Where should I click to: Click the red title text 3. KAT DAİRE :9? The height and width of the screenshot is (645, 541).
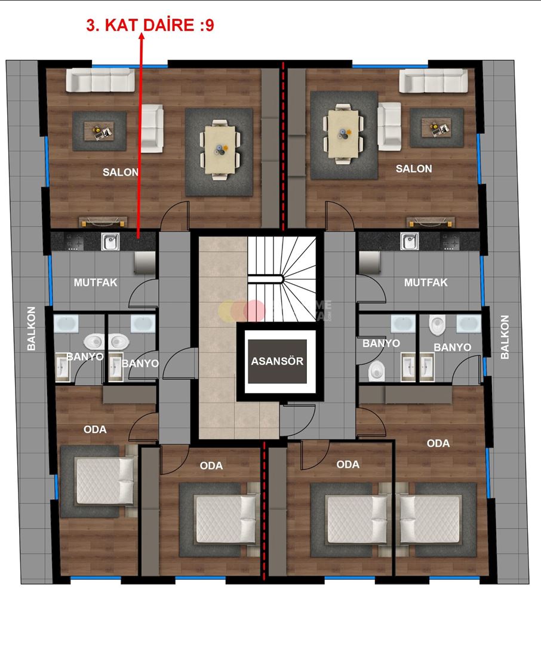(150, 26)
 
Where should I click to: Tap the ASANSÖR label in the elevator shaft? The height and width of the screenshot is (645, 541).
(277, 361)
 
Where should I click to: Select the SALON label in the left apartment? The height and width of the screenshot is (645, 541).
(121, 172)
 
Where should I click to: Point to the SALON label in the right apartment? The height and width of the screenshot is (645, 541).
(414, 169)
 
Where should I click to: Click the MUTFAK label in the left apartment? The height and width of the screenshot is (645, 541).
(96, 282)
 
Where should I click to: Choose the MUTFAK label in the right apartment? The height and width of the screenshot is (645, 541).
(426, 282)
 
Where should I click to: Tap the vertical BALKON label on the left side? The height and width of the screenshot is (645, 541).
(32, 328)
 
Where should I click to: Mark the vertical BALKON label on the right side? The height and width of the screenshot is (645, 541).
(505, 337)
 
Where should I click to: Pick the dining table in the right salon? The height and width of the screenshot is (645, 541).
(343, 133)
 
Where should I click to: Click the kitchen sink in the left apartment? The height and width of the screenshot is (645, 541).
(110, 241)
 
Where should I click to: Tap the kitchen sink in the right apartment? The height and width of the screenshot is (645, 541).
(409, 241)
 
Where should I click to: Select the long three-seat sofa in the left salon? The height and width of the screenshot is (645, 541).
(100, 80)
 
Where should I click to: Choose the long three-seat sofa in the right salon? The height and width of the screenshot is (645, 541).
(434, 80)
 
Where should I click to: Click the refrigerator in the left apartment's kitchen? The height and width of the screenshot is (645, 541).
(143, 261)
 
